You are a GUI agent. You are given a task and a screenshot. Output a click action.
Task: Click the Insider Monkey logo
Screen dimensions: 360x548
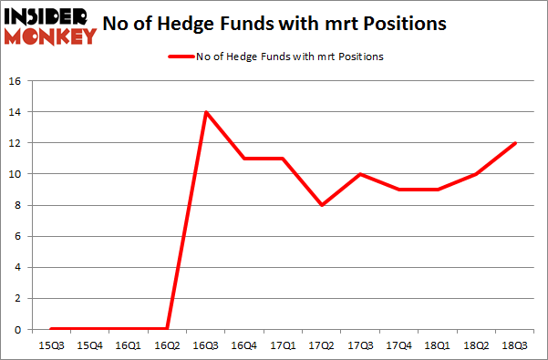[x=50, y=26]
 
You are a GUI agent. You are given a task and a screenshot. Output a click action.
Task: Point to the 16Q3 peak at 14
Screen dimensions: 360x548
[x=207, y=112]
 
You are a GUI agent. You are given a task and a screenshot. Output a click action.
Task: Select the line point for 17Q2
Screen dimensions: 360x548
[x=323, y=205]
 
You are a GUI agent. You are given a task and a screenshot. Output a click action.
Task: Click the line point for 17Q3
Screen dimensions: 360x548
[x=362, y=174]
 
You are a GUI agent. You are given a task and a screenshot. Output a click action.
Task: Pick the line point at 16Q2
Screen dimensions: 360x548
[x=168, y=328]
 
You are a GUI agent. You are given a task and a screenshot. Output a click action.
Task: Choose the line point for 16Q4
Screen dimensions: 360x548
[x=245, y=159]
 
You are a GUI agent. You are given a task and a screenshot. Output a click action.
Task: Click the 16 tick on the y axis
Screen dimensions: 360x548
[x=15, y=81]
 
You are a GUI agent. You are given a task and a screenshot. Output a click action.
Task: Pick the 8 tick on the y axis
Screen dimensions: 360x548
[x=17, y=205]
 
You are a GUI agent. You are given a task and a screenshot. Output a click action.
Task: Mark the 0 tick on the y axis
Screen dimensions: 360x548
[x=17, y=329]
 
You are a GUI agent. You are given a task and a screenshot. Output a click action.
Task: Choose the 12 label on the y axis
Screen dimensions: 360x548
[x=15, y=143]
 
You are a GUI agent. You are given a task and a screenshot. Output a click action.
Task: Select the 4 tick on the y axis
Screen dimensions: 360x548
[x=17, y=267]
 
